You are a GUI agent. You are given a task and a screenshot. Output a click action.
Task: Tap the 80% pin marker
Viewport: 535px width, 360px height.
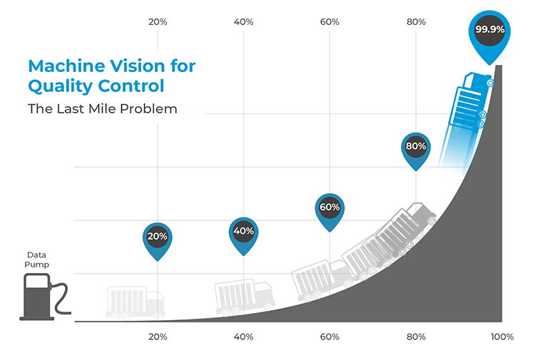click(x=416, y=148)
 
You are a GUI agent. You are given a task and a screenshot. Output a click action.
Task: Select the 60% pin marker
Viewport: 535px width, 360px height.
click(x=330, y=209)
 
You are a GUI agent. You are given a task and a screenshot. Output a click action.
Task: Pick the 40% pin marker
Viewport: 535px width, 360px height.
click(x=244, y=232)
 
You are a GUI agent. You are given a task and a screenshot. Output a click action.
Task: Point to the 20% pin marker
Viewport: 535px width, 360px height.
click(x=158, y=237)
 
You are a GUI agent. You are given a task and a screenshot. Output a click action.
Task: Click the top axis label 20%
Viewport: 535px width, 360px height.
click(x=158, y=21)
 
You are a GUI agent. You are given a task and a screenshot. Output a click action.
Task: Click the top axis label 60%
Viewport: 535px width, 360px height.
click(x=330, y=21)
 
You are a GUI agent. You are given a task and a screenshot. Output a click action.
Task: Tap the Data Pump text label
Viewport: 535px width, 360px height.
click(x=37, y=259)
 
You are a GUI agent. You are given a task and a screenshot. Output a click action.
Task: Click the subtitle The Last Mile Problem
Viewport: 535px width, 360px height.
click(x=102, y=109)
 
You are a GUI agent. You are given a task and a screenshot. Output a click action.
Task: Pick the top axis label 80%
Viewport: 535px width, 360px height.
click(x=416, y=21)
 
